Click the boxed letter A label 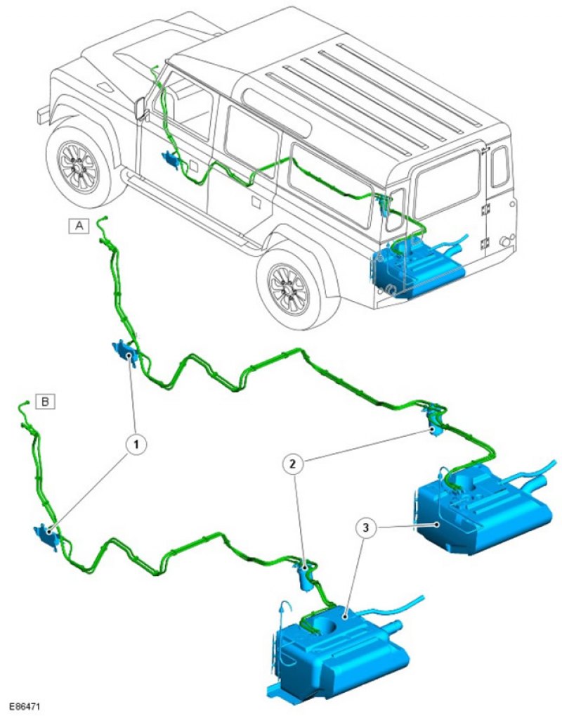[79, 226]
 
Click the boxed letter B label [46, 402]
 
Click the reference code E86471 [25, 703]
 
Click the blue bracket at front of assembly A [126, 350]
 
